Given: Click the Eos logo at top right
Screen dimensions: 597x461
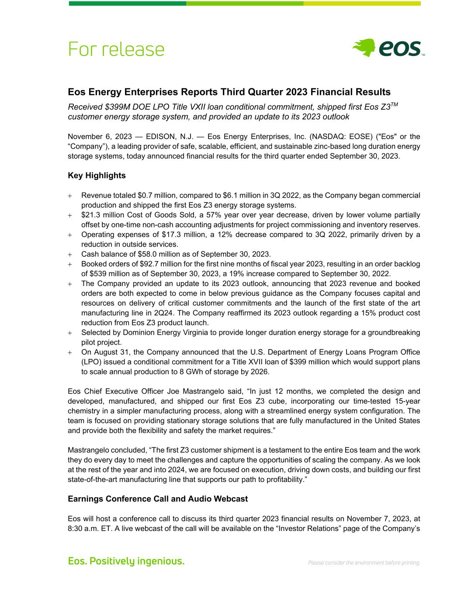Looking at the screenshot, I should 388,48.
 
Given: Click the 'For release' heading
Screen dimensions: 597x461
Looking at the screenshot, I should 116,49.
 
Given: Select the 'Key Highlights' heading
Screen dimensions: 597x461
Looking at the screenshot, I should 97,175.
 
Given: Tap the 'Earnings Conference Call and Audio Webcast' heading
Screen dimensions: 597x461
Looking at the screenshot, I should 158,499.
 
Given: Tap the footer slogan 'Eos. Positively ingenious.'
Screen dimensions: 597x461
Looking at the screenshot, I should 126,561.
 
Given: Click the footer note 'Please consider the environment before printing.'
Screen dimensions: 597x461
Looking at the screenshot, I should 364,563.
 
